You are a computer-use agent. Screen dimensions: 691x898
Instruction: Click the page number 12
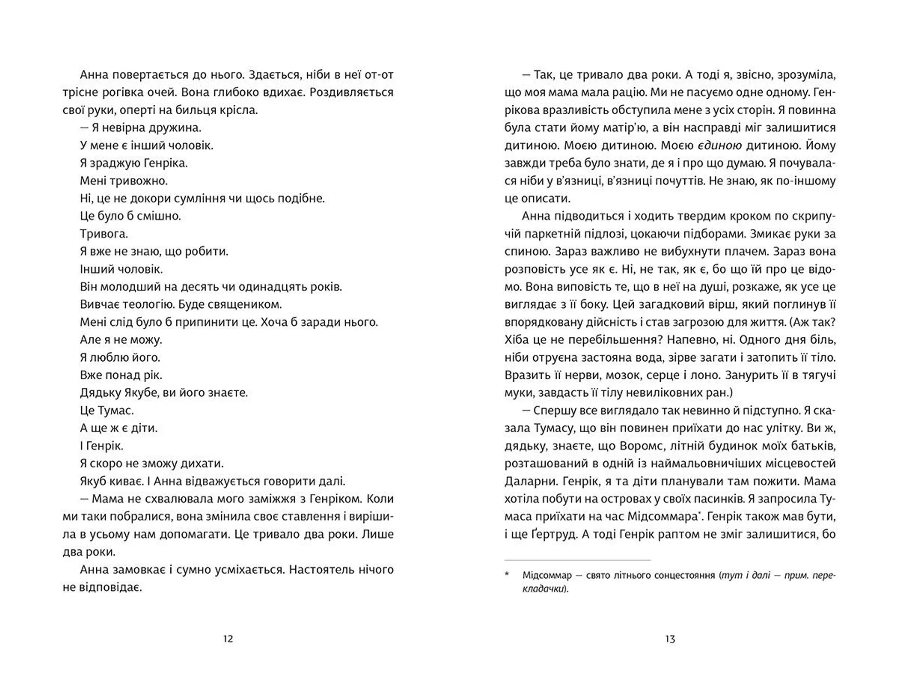pyautogui.click(x=228, y=639)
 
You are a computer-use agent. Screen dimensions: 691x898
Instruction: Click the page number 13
pyautogui.click(x=670, y=639)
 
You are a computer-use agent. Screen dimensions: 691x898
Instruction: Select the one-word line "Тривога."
pyautogui.click(x=104, y=233)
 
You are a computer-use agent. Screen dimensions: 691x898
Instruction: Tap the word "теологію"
pyautogui.click(x=150, y=305)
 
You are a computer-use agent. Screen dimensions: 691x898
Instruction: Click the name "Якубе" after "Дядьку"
pyautogui.click(x=140, y=393)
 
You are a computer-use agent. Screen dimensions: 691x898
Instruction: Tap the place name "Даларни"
pyautogui.click(x=527, y=481)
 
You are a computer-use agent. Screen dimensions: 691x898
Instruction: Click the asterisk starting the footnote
pyautogui.click(x=507, y=575)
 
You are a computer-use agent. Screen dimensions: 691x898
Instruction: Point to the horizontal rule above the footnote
pyautogui.click(x=577, y=560)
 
